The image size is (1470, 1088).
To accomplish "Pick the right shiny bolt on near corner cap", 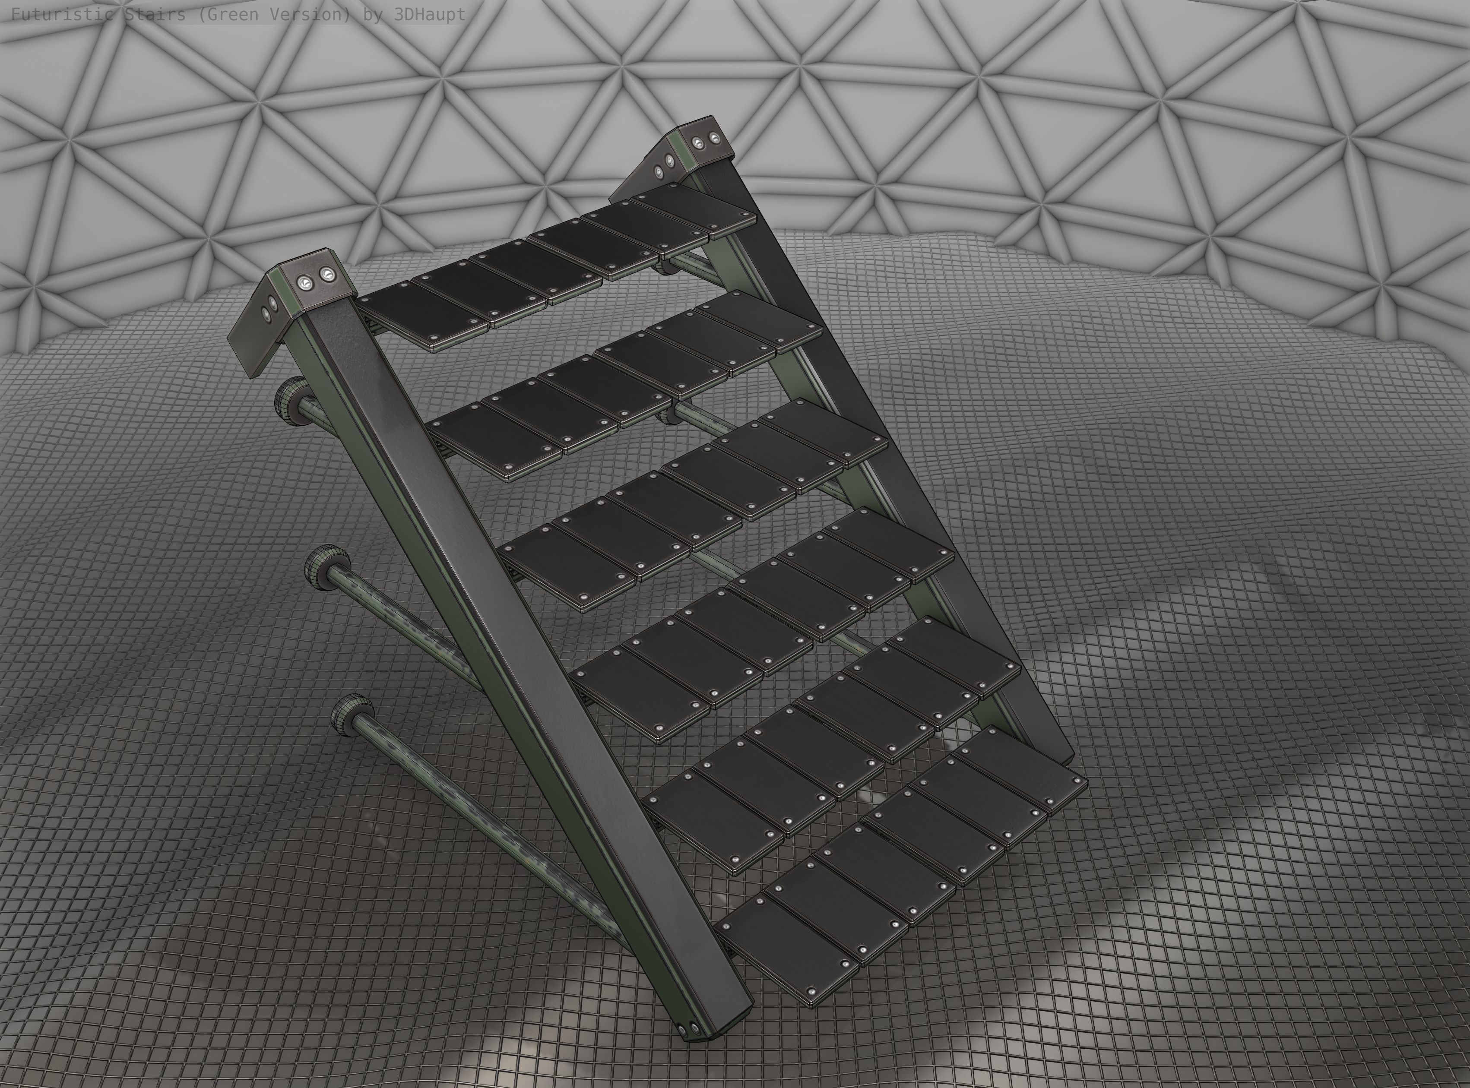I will [x=325, y=273].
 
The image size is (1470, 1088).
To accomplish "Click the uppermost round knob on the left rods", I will [x=292, y=395].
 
